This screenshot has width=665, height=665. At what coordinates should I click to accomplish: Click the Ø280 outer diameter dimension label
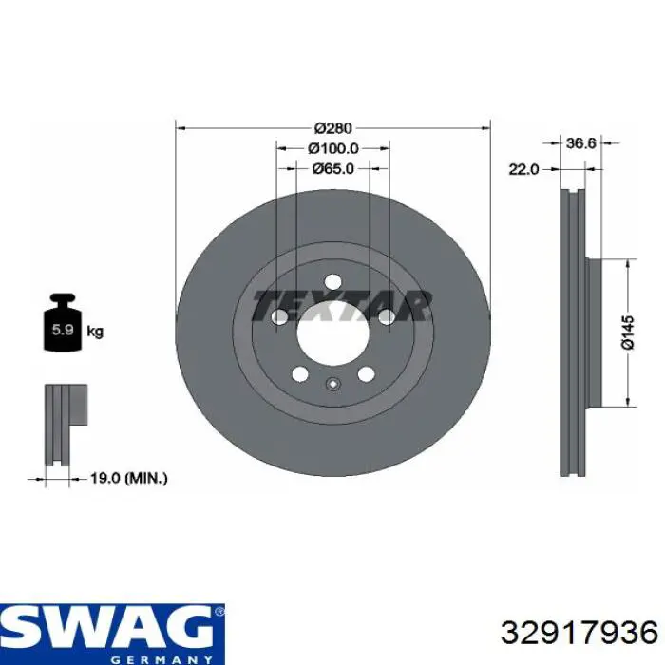click(333, 127)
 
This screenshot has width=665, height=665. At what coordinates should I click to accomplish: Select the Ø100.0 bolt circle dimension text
click(333, 148)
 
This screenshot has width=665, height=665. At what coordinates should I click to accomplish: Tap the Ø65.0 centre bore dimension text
click(332, 169)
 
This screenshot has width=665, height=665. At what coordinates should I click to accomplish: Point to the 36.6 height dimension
click(581, 143)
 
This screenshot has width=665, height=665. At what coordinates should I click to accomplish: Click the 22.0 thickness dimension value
click(523, 170)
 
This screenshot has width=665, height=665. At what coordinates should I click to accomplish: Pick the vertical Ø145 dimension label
click(628, 332)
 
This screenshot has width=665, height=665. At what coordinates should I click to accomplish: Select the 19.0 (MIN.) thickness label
click(129, 479)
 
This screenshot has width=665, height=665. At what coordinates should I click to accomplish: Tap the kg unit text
click(95, 331)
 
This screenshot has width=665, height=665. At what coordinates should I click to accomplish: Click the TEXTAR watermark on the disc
click(341, 305)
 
